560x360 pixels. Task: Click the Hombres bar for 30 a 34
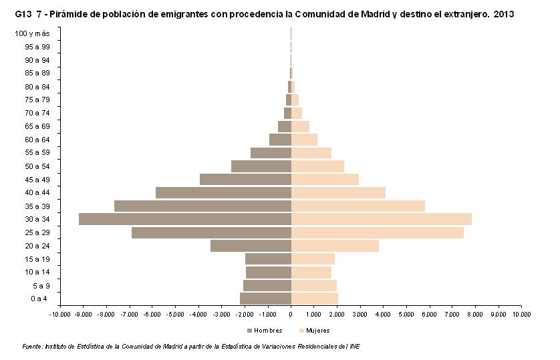tap(185, 219)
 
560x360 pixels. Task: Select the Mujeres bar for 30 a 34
tap(381, 219)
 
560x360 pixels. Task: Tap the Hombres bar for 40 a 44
tap(223, 192)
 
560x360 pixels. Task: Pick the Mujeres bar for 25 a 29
tap(377, 232)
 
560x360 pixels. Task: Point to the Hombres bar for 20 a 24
tap(251, 246)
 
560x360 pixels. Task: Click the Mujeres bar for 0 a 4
tap(314, 298)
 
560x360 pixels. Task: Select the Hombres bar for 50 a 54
tap(261, 166)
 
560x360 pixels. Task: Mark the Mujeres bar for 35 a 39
tap(358, 206)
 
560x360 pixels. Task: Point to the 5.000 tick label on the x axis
tap(406, 313)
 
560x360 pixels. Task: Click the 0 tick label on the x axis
tap(291, 313)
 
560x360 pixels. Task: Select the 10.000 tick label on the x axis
tap(521, 313)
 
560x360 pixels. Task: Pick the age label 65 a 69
tap(37, 126)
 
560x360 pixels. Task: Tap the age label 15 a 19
tap(37, 258)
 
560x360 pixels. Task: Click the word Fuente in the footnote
tap(31, 347)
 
